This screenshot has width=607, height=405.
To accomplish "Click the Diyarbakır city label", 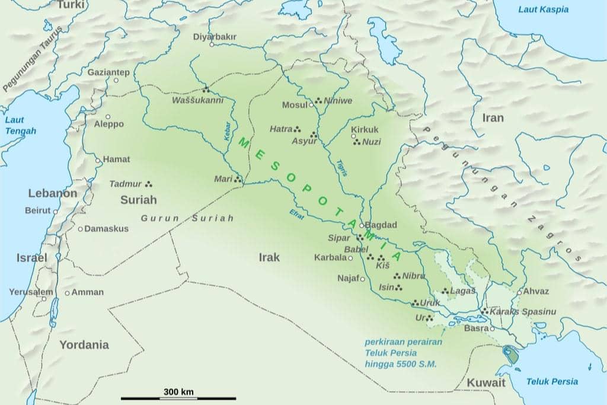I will tap(215, 37).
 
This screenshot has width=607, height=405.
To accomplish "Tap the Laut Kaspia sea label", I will tap(543, 9).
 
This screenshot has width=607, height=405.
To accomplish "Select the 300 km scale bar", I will tap(178, 398).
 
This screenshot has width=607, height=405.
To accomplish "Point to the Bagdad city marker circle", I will tap(362, 226).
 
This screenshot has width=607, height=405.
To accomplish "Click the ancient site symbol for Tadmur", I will tap(149, 184).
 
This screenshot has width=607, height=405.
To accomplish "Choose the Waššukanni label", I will tap(197, 100).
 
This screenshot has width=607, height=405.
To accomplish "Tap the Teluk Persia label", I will tap(552, 381).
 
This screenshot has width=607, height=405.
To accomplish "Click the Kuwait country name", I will tap(486, 382).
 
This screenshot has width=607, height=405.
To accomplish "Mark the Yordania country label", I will tap(84, 345).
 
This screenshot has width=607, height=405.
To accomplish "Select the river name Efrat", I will tap(297, 214).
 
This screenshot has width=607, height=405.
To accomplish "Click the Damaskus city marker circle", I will tap(80, 229).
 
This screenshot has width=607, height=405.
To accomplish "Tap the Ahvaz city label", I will tap(536, 291).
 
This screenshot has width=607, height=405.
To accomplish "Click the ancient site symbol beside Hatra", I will tap(298, 129).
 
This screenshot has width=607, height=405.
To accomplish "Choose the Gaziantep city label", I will tap(108, 72).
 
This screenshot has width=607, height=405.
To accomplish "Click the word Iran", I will tap(493, 117).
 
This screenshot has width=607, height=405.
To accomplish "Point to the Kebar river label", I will tap(227, 131).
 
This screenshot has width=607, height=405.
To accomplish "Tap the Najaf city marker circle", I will tap(362, 279).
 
